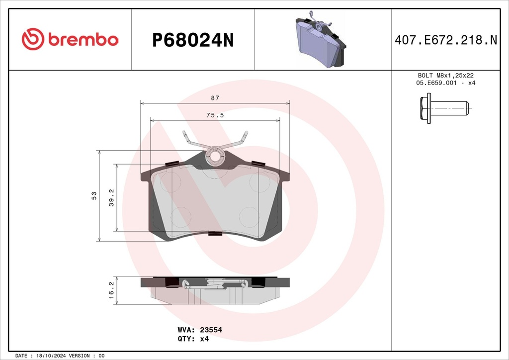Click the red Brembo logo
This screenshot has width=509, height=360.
(70, 39)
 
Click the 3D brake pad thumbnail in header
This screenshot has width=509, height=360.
(321, 39)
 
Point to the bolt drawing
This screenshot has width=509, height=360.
(444, 107)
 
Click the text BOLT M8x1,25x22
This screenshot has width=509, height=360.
(445, 75)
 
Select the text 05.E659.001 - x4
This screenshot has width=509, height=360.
(445, 83)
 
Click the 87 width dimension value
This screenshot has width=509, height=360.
(215, 98)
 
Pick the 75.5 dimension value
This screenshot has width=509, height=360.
(215, 115)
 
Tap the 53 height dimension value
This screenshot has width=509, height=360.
(94, 195)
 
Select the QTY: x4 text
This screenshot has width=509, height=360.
(193, 339)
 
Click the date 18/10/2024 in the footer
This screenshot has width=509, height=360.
(52, 356)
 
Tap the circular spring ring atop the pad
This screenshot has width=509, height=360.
(215, 156)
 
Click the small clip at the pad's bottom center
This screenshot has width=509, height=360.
(215, 233)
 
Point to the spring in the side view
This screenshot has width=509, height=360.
(215, 284)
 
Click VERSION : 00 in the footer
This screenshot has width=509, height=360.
(86, 356)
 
